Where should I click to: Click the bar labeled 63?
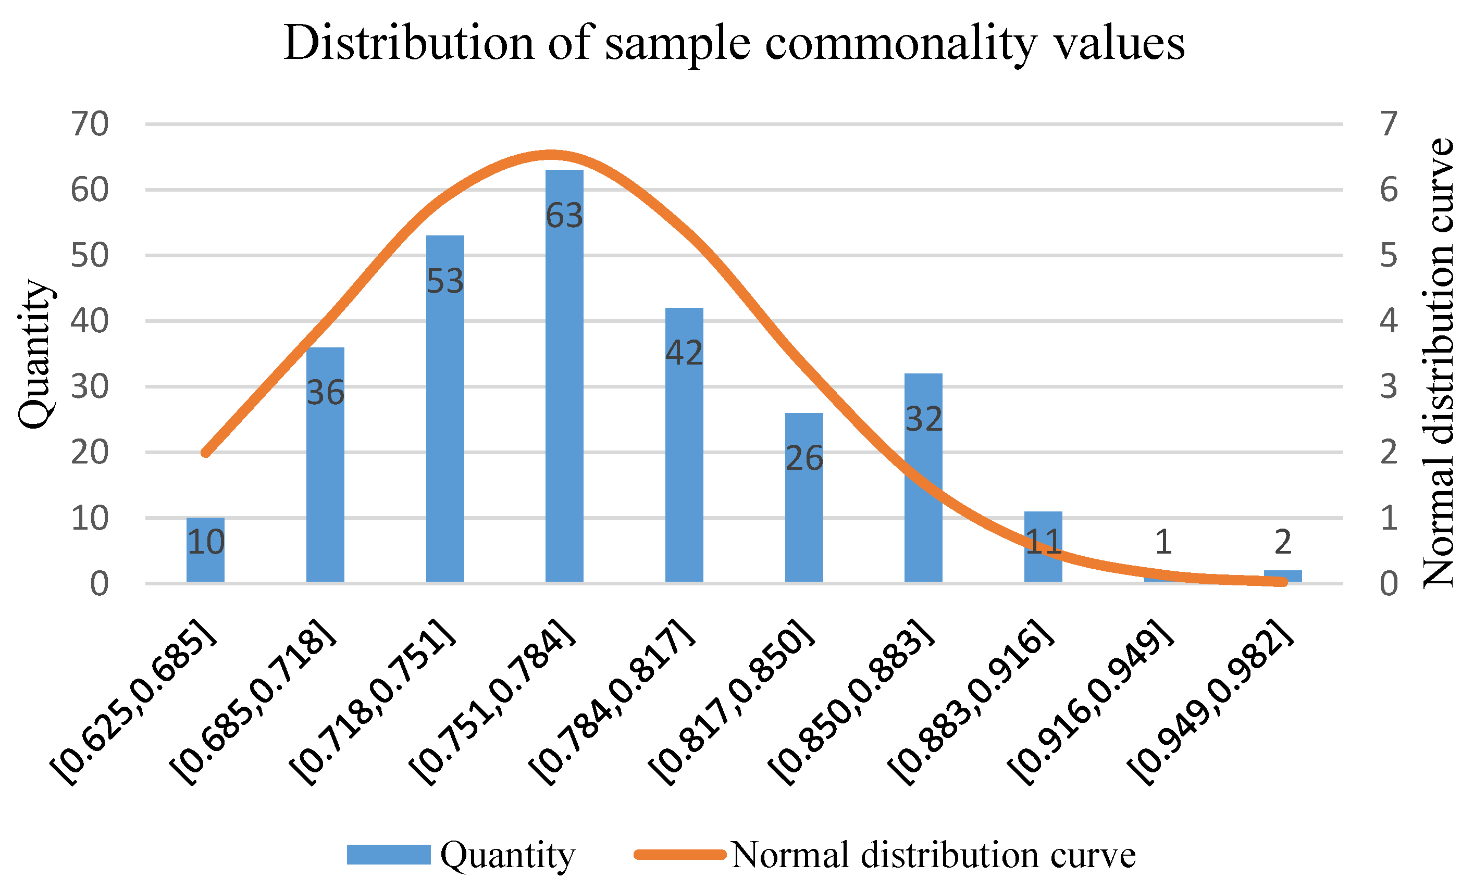564,377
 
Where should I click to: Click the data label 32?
924,419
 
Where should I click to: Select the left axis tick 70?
90,124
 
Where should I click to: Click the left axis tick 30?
90,387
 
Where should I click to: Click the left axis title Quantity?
35,354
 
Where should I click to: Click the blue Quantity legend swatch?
388,855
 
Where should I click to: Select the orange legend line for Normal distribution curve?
680,855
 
